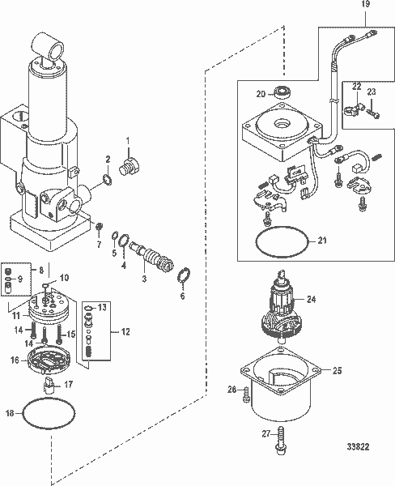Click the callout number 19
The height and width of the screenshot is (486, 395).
366,4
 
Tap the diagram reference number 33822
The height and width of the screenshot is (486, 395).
358,446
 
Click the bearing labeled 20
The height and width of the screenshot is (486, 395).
281,92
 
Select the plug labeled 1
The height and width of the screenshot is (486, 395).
130,166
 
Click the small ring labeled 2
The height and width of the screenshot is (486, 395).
107,180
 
